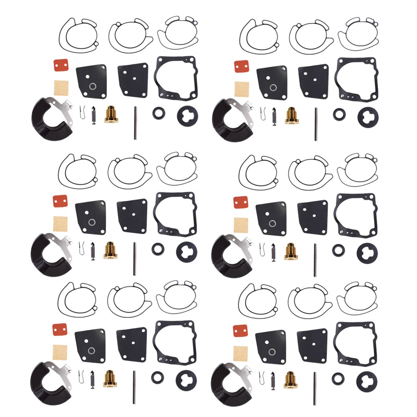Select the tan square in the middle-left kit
[60, 224]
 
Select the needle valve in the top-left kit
[93, 116]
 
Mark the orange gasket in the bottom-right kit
[240, 331]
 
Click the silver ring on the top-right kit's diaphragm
[273, 88]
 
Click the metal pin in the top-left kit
[135, 123]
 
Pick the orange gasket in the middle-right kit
[241, 203]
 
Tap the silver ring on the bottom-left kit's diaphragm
[91, 351]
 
